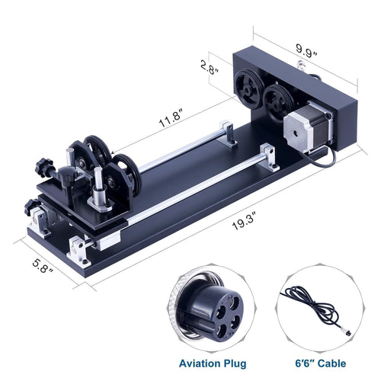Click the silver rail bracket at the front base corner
81,247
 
